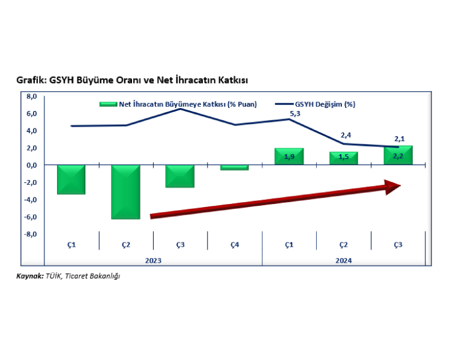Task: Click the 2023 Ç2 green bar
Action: (125, 192)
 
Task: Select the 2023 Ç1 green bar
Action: (71, 179)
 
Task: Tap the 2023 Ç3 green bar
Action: (180, 176)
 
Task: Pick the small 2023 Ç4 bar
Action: (234, 168)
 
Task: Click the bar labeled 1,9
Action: (289, 157)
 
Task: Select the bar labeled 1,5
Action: (343, 158)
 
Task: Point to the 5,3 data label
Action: (295, 113)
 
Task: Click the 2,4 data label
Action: (346, 135)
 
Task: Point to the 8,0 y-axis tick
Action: (32, 96)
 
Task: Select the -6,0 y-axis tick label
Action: (31, 217)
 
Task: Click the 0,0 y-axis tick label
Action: (32, 166)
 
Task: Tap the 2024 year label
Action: (343, 260)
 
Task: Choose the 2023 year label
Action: (153, 260)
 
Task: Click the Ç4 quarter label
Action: (234, 244)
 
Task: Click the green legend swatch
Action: (108, 104)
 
